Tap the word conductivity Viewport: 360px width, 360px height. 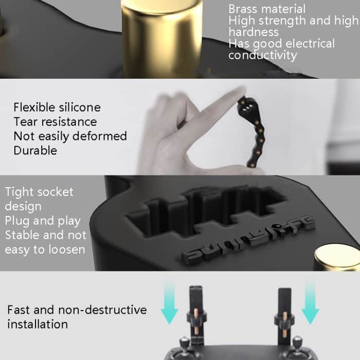262,55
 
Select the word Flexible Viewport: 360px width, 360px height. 34,107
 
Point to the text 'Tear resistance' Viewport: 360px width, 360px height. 55,122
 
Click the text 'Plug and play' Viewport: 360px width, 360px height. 43,221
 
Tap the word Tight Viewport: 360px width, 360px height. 19,192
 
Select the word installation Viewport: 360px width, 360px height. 38,324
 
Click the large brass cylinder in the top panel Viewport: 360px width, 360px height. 154,36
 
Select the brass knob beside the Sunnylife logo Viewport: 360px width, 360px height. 337,257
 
